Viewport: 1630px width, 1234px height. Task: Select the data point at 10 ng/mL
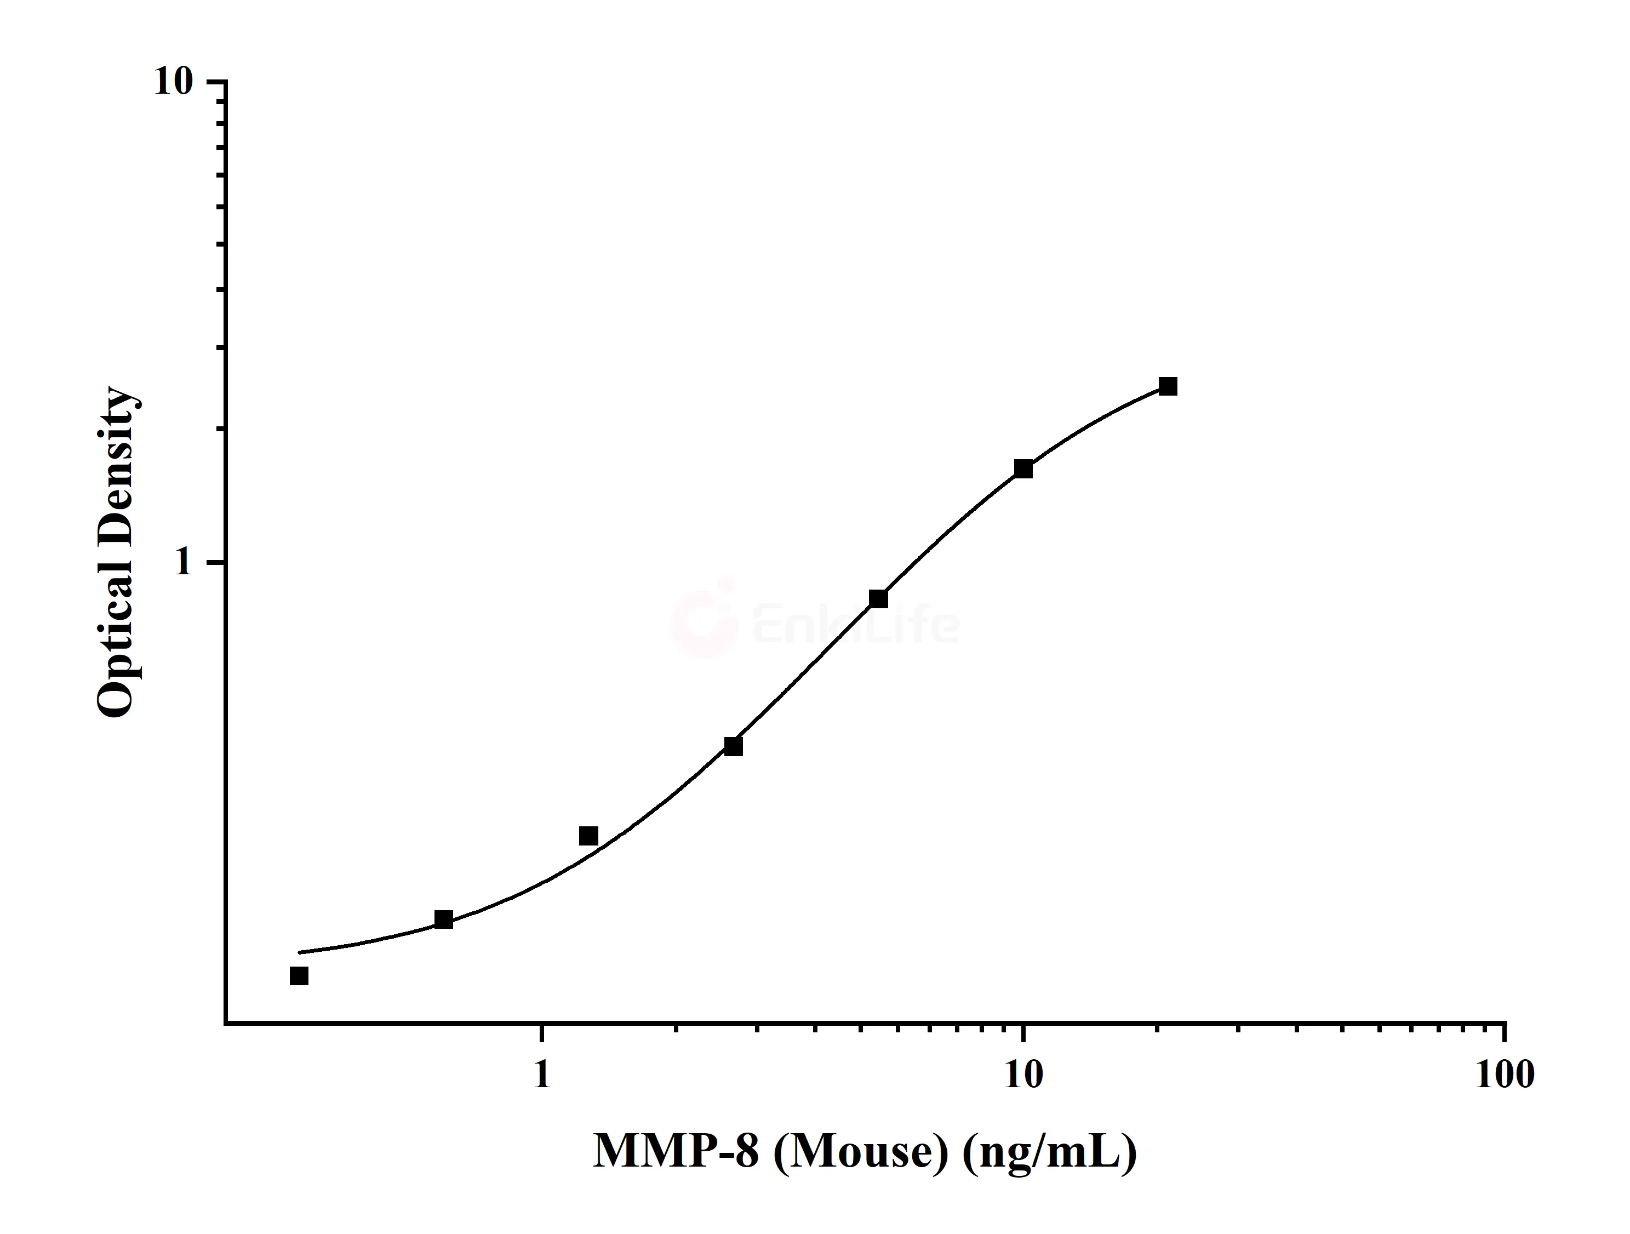tap(1023, 469)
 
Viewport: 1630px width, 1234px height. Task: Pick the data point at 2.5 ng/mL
tap(733, 747)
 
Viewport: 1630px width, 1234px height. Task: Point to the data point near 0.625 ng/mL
tap(444, 919)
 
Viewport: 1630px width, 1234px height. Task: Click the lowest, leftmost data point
tap(299, 976)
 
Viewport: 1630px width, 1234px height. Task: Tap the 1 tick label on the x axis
tap(542, 1076)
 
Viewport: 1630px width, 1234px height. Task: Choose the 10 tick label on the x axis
tap(1023, 1076)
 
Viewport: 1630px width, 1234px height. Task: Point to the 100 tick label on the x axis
tap(1505, 1076)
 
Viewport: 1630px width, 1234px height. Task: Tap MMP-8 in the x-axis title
tap(675, 1151)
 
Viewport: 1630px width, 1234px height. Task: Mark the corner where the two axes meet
tap(226, 1023)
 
